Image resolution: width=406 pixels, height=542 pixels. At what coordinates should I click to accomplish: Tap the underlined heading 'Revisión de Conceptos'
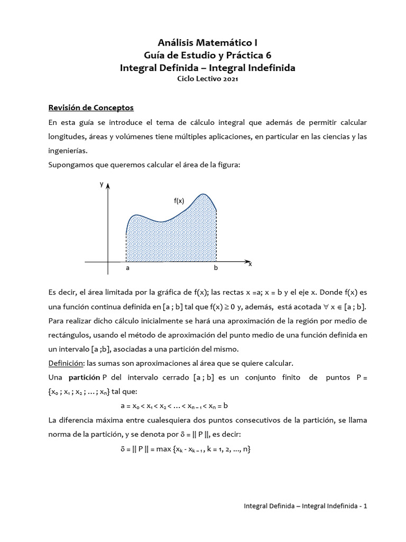[x=91, y=108]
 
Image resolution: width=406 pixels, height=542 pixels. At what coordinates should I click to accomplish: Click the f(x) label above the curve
[x=179, y=201]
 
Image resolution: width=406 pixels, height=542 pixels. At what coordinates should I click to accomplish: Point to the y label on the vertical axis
[x=101, y=184]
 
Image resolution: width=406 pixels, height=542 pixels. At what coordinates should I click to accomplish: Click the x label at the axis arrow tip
[x=250, y=264]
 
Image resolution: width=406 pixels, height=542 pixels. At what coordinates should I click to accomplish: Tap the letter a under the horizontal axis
[x=127, y=268]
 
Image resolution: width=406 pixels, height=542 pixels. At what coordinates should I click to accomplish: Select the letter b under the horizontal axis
[x=215, y=268]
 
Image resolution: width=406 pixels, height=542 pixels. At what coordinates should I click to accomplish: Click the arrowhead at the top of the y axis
[x=108, y=185]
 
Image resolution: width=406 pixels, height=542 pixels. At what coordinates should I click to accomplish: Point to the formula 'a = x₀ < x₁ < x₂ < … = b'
[x=174, y=405]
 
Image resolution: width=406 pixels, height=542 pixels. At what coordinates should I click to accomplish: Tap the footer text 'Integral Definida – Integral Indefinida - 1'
[x=305, y=506]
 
